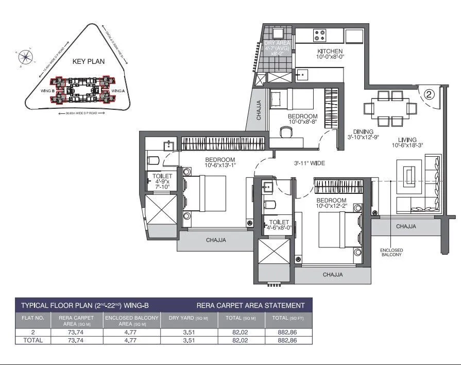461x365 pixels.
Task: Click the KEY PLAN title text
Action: coord(89,61)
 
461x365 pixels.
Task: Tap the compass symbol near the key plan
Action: coord(25,53)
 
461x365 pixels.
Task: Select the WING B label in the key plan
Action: coord(48,91)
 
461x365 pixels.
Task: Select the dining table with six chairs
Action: coord(390,108)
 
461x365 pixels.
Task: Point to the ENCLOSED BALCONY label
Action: coord(392,253)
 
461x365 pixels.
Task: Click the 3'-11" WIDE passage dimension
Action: coord(309,163)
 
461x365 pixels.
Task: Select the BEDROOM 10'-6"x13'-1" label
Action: coord(219,162)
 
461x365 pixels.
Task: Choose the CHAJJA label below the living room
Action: coord(407,226)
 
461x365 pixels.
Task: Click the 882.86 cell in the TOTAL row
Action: coord(287,341)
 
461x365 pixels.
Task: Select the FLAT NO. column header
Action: coord(32,319)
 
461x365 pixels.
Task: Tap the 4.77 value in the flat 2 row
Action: coord(131,333)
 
